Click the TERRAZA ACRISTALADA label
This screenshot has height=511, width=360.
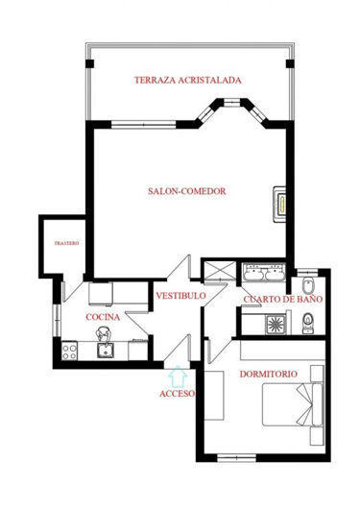click(x=187, y=80)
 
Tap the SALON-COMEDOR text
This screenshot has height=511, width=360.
click(x=187, y=191)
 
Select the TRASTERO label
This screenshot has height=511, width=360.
click(x=65, y=243)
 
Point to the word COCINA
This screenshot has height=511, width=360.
click(x=103, y=316)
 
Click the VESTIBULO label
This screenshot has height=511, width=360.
click(x=180, y=296)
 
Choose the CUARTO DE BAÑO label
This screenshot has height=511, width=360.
click(x=282, y=300)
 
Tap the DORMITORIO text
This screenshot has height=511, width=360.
click(x=268, y=373)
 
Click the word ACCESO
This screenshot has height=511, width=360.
click(x=178, y=394)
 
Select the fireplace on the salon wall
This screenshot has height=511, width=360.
click(x=280, y=204)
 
